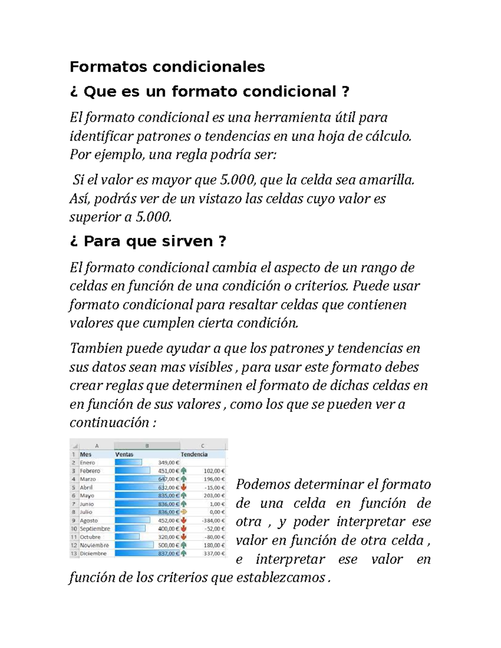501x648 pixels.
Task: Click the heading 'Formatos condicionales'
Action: coord(167,67)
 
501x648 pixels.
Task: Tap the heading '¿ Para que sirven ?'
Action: coord(148,241)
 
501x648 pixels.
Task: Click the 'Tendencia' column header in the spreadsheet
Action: coord(194,454)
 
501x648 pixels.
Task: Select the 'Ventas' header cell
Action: coord(124,454)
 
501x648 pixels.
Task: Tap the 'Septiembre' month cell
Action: coord(95,529)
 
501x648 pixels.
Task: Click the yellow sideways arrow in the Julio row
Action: coord(184,512)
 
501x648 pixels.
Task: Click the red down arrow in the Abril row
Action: coord(184,487)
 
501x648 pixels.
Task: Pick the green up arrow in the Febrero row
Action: coord(184,471)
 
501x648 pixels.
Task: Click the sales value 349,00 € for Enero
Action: coord(169,462)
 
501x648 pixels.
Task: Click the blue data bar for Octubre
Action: coord(127,537)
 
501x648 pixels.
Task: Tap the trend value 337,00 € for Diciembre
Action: coord(214,554)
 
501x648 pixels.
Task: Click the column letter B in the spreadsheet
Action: coord(147,446)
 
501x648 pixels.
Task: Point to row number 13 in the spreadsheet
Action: coord(74,554)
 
